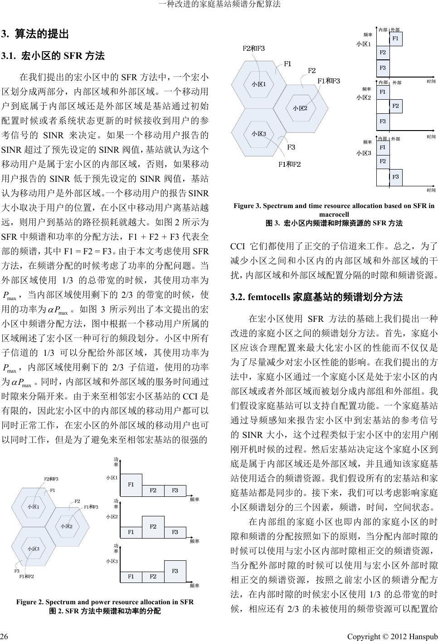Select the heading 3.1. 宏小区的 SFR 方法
point(54,56)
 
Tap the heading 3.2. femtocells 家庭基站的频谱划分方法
point(316,297)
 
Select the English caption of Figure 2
point(105,602)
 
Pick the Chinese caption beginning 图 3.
point(334,223)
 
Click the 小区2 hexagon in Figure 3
point(300,108)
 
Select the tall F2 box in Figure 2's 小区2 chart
point(153,527)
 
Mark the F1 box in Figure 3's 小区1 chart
point(395,39)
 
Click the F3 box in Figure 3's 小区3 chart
point(395,176)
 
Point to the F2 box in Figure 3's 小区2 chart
point(395,106)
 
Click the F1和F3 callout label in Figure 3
point(328,81)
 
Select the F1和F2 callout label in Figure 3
point(289,164)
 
